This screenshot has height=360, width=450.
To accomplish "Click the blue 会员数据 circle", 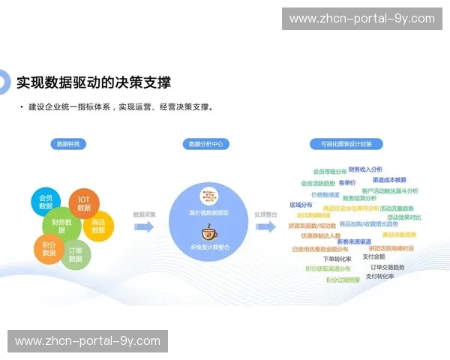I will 46,202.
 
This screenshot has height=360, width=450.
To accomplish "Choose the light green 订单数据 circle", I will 76,254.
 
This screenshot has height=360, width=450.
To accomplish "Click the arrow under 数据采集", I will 145,226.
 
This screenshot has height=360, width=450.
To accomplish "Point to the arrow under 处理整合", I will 265,226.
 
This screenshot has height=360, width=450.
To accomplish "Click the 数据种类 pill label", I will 69,144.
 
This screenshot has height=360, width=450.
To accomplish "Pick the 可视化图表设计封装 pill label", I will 346,144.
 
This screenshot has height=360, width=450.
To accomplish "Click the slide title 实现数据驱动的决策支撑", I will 94,82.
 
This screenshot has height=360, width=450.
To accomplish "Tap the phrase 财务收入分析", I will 365,169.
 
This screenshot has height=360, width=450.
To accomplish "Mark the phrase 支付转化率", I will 380,276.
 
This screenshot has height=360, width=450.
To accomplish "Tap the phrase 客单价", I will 347,182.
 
